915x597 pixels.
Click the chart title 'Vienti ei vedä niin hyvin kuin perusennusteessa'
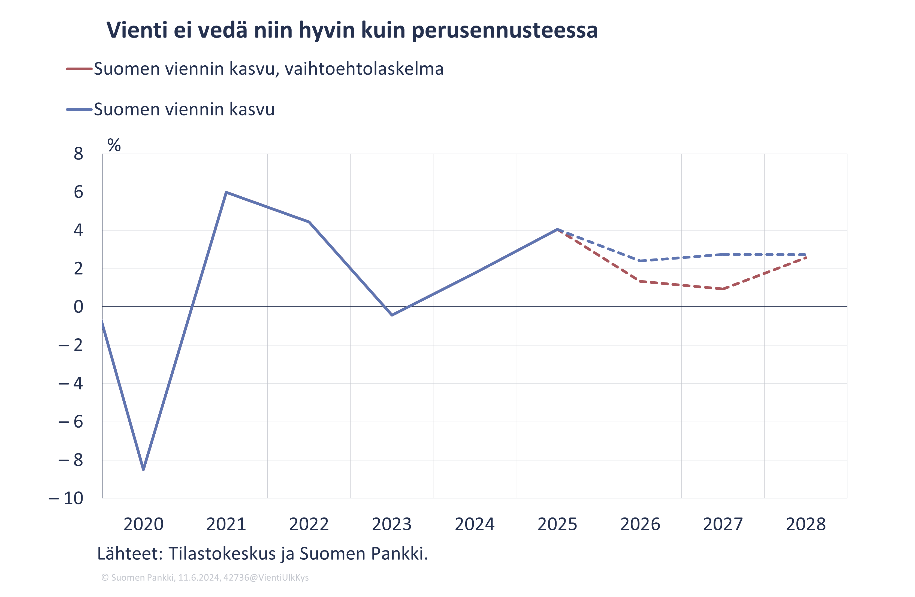point(352,30)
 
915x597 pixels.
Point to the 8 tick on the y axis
point(78,154)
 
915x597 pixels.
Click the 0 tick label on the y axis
point(78,307)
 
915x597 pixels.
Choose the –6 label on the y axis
point(71,422)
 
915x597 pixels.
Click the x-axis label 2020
point(143,524)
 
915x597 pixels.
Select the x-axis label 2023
point(392,524)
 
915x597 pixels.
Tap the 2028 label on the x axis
point(806,524)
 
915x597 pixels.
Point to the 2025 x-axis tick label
point(557,524)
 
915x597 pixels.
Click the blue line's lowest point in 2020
point(143,469)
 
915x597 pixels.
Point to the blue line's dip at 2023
point(392,315)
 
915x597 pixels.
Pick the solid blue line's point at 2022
point(309,222)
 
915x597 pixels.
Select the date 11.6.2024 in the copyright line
point(199,578)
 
